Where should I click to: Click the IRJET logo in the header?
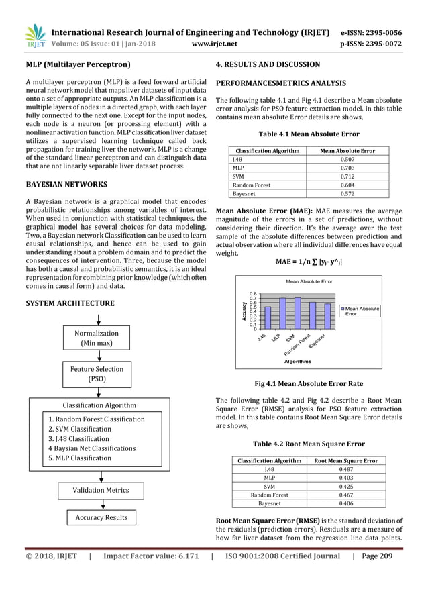(35, 37)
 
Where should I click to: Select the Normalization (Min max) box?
(96, 338)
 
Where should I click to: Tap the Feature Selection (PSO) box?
(96, 374)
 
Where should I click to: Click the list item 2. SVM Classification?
(80, 429)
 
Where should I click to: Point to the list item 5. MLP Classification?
(80, 458)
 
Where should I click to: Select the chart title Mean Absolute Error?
(309, 281)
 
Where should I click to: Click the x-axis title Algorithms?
(298, 361)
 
